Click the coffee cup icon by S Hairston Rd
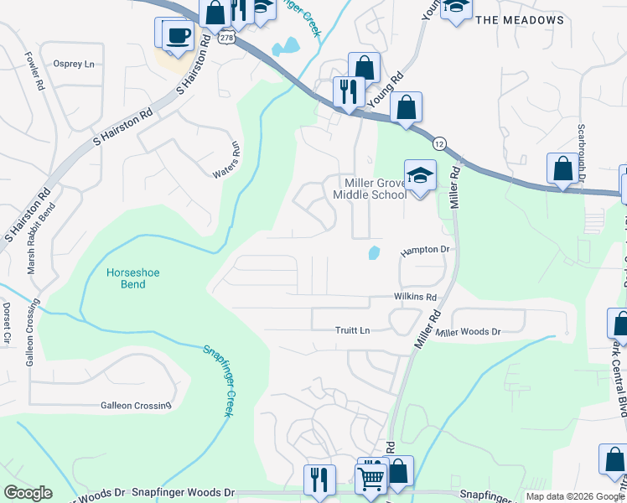click(179, 35)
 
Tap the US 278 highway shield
click(225, 39)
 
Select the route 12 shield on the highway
click(439, 143)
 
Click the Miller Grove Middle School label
click(370, 189)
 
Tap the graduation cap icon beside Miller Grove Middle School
click(420, 176)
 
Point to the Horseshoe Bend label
click(126, 278)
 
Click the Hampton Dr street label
click(425, 250)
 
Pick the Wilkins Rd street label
click(415, 298)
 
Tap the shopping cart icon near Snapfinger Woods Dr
click(370, 478)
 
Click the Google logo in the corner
click(28, 493)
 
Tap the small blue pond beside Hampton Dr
click(374, 251)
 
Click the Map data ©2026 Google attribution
click(575, 496)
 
